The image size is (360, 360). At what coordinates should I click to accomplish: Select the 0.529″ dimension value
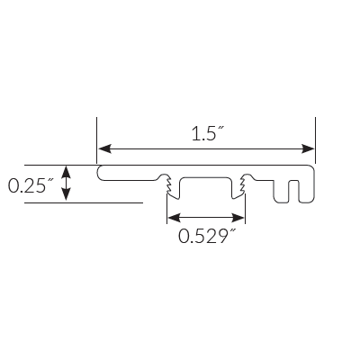(x=207, y=237)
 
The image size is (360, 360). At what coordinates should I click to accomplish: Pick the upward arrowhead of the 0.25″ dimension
(x=66, y=171)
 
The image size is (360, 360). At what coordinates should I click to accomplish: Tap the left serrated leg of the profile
(x=168, y=186)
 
